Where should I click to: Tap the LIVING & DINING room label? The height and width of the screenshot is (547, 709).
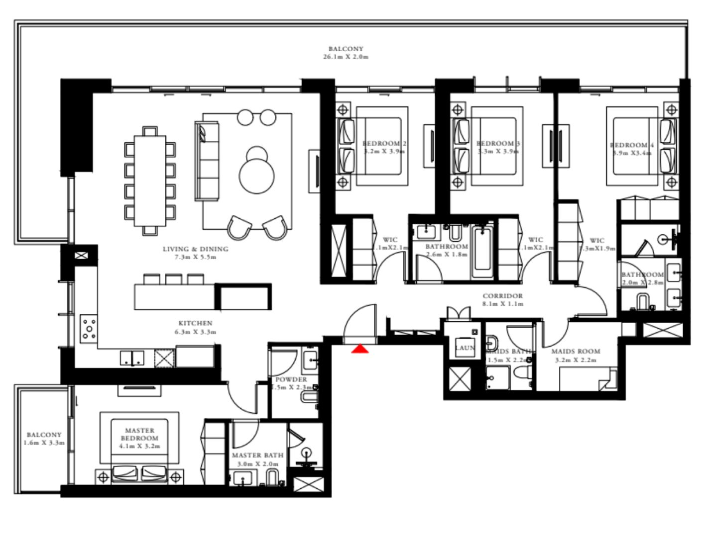coord(195,249)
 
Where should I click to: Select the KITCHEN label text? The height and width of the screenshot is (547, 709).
coord(195,323)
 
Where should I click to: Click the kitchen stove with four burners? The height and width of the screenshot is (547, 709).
coord(89,329)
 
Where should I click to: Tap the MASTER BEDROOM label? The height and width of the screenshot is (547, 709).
coord(139,434)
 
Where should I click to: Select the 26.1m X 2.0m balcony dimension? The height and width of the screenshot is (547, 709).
coord(346,57)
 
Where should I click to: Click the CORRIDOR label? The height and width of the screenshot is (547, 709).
coord(502,296)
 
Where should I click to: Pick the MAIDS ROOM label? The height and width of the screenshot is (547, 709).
coord(576,351)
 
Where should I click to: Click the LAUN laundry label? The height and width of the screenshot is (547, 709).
coord(465,348)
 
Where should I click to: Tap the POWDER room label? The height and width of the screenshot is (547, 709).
coord(291,379)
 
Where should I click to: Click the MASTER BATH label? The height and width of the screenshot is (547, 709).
coord(257,455)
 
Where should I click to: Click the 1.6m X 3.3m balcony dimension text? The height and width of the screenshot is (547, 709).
coord(44,443)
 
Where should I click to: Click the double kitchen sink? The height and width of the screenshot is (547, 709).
coord(132,358)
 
